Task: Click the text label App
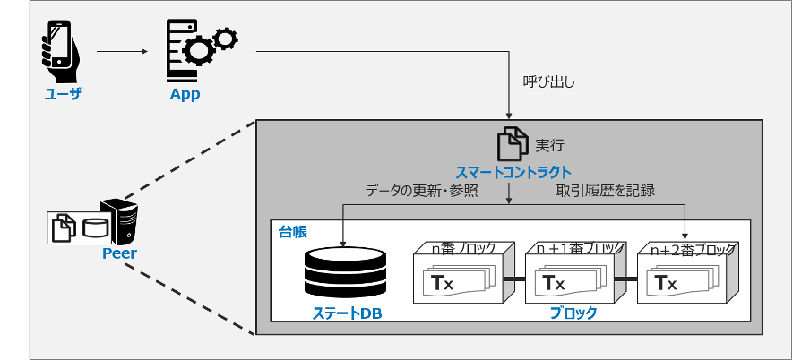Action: (185, 94)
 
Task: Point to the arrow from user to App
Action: (122, 52)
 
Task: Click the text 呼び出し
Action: (548, 82)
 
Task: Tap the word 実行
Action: (549, 144)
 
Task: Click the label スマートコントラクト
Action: (513, 172)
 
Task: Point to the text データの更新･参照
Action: (422, 191)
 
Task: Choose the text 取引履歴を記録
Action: (606, 191)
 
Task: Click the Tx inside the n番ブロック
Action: (443, 284)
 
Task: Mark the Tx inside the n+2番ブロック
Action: (666, 284)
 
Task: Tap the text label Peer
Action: (118, 254)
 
